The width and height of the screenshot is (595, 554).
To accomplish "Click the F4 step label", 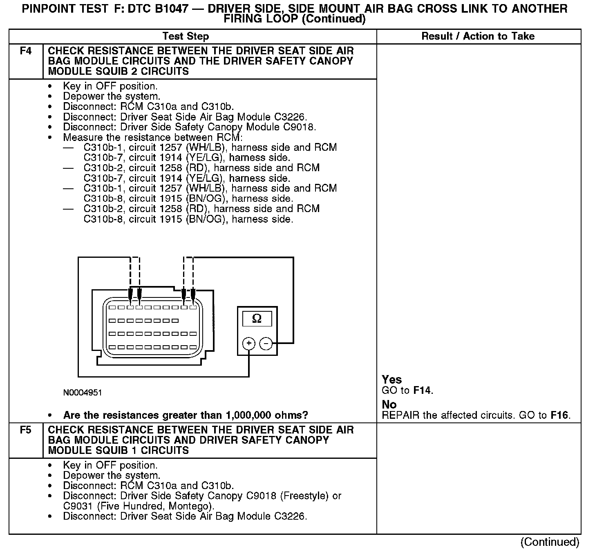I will (25, 51).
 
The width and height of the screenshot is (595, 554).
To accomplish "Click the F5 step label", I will (25, 430).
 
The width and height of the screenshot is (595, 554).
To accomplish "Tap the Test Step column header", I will (186, 36).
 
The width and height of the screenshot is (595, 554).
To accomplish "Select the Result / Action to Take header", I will (478, 36).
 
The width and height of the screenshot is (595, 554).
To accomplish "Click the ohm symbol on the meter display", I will (257, 319).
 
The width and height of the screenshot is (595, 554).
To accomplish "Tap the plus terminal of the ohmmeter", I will (248, 344).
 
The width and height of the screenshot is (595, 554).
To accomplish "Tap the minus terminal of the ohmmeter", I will (266, 344).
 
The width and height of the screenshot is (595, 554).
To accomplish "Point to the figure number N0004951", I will (83, 393).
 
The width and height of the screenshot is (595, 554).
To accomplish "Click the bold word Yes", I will (391, 380).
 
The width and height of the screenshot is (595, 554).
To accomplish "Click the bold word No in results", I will (389, 404).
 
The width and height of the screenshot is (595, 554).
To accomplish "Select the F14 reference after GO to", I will (422, 390).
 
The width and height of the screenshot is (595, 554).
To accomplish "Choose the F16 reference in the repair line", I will (559, 415).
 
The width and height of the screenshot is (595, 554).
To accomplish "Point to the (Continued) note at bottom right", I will (550, 542).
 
